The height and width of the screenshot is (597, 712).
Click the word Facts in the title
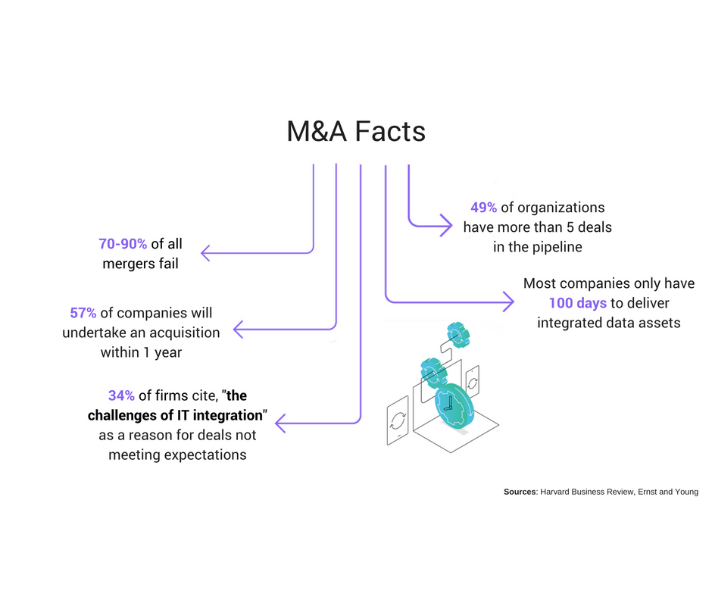tap(388, 132)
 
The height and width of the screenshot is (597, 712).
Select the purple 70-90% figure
tap(123, 245)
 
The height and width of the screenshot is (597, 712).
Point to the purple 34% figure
tap(121, 395)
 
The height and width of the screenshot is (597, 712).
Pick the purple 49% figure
tap(483, 207)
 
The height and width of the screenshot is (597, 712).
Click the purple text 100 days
tap(578, 303)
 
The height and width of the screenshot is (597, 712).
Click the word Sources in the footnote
tap(520, 492)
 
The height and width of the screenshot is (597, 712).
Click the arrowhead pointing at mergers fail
tap(205, 252)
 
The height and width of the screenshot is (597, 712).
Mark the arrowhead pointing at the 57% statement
tap(238, 329)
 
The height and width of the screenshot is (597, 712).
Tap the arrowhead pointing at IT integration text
tap(279, 422)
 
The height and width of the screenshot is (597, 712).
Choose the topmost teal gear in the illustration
tap(459, 334)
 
